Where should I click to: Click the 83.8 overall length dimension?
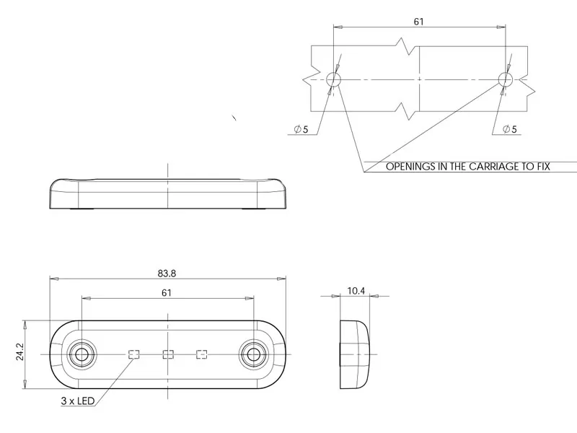coord(167,273)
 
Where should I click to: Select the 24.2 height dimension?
coord(20,351)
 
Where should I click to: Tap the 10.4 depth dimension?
coord(356,290)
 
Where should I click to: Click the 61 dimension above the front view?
coord(167,292)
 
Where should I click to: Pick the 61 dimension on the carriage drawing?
coord(418,22)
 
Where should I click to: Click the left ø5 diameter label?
coord(301,129)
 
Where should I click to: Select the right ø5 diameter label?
coord(509,129)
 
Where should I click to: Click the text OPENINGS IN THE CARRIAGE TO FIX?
coord(467,167)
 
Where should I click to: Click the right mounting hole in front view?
coord(252,354)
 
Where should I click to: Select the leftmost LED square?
coord(133,354)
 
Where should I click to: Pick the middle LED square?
coord(168,354)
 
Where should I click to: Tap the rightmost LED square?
coord(202,354)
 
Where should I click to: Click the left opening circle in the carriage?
coord(334,79)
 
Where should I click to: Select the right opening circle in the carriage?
coord(504,79)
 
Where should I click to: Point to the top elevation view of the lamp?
coord(167,193)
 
